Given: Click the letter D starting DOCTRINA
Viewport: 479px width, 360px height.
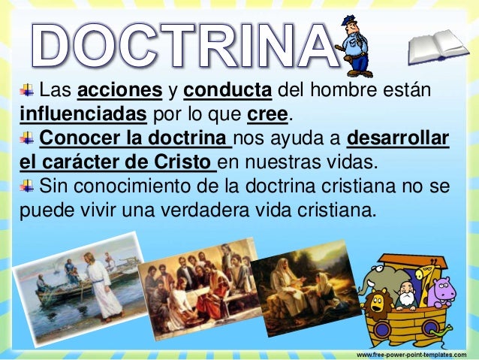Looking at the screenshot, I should (56, 42).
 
